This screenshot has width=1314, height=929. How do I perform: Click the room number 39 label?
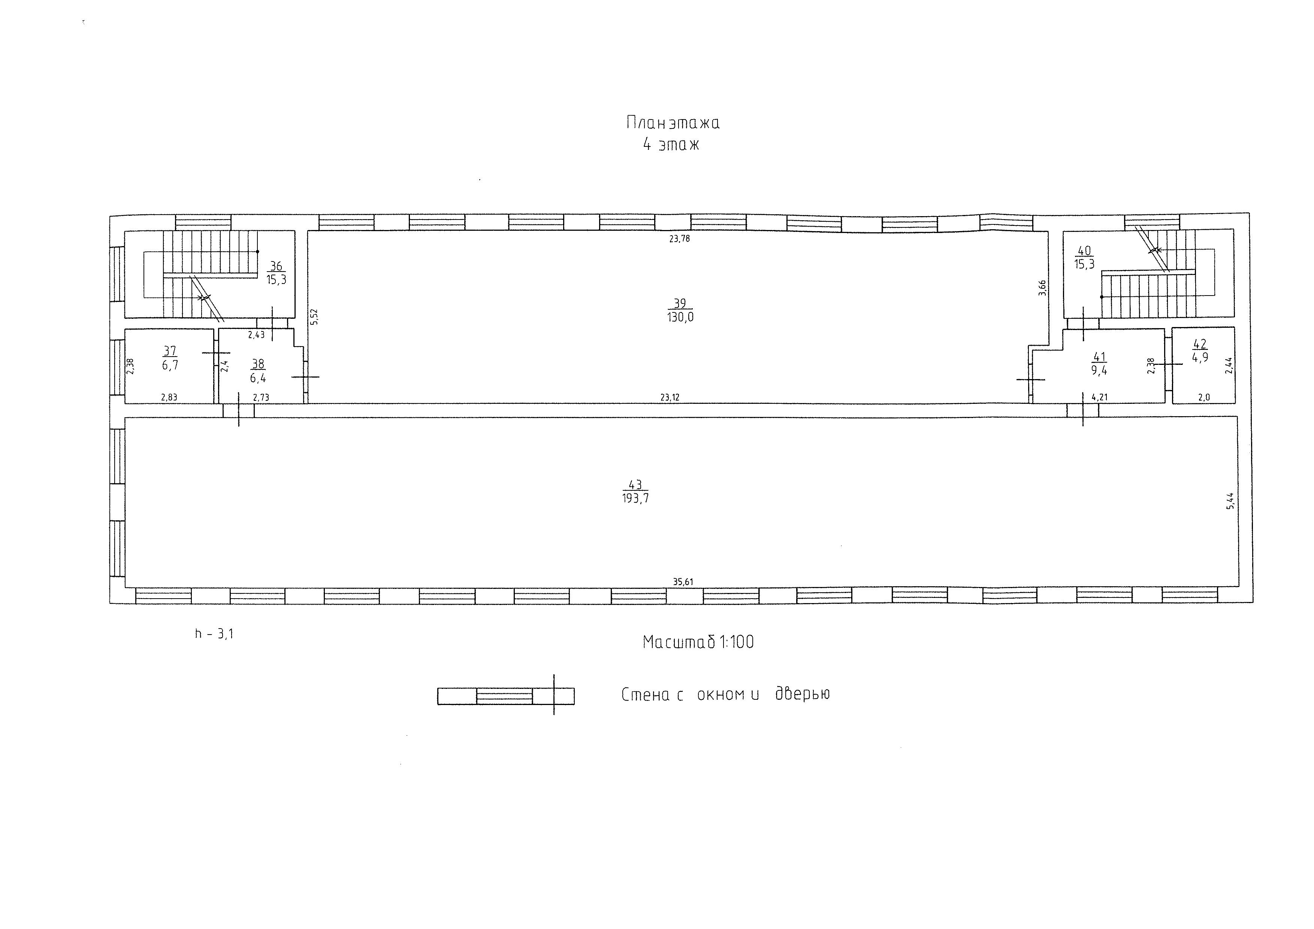680,303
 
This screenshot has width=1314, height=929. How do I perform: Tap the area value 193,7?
635,498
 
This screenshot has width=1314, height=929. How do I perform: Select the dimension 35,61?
683,582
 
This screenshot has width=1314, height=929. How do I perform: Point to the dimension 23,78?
679,239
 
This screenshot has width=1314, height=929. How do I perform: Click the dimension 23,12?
670,397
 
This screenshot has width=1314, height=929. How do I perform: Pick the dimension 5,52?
314,317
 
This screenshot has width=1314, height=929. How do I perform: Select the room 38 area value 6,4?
258,378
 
